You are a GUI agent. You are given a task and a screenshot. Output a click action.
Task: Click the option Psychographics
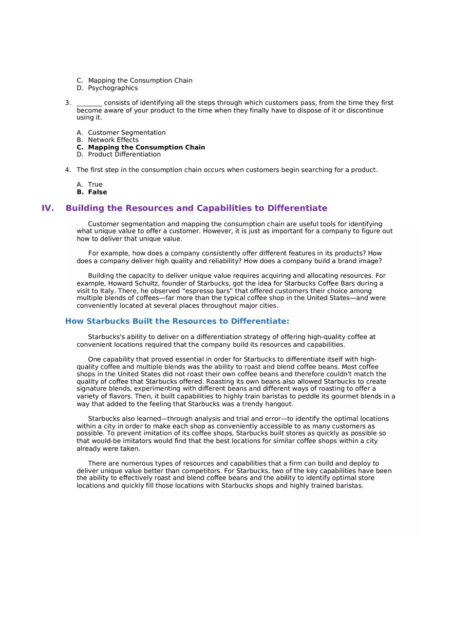[112, 88]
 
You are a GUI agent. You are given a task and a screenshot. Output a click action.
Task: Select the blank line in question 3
[89, 103]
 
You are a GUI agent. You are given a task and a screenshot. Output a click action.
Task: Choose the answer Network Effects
[113, 140]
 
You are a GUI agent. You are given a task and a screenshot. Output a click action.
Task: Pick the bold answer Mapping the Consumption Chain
[146, 147]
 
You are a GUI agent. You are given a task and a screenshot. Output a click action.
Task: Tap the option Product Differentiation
[124, 154]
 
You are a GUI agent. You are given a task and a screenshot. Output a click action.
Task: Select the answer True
[95, 185]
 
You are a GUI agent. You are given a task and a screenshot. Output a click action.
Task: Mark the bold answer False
[97, 192]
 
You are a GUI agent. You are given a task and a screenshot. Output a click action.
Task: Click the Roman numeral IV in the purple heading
[48, 208]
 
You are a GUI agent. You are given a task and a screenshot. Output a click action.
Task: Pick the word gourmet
[332, 396]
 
